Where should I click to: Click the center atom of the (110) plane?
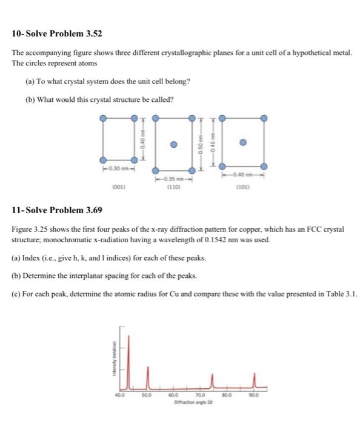(173, 144)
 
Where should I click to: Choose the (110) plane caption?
(174, 187)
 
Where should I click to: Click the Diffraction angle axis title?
(193, 402)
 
